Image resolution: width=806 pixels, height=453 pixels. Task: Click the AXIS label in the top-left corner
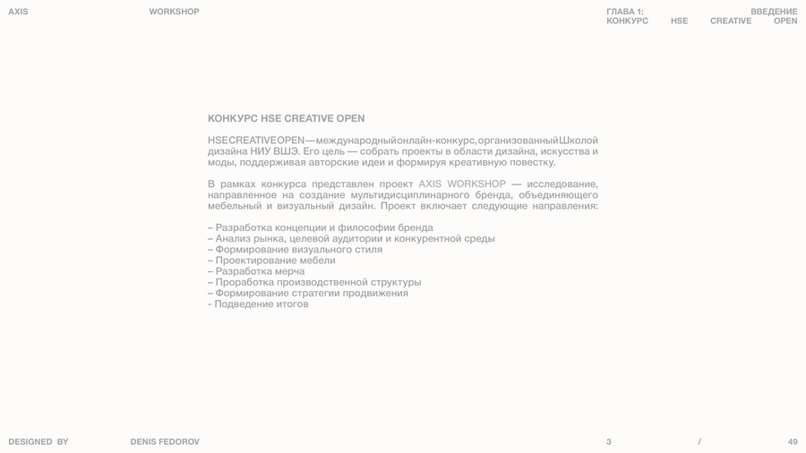point(18,12)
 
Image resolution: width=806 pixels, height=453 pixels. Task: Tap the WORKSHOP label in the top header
point(174,12)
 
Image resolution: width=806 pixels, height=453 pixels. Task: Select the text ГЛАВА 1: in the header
point(624,12)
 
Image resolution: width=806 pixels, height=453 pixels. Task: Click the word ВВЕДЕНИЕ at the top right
point(774,12)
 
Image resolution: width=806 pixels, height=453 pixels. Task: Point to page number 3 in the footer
point(609,441)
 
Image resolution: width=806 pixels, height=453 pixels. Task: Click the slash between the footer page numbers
point(699,441)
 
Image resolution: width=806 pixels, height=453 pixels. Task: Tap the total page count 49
point(793,441)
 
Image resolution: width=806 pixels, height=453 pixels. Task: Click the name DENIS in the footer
point(143,441)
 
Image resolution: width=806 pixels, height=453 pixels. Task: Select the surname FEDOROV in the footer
point(180,441)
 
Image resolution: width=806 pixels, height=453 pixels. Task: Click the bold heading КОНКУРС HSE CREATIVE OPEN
point(286,118)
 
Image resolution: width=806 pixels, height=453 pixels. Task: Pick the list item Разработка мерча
point(260,271)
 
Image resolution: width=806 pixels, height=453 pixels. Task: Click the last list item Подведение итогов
point(261,304)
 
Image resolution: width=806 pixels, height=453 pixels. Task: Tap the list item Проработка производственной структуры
point(318,282)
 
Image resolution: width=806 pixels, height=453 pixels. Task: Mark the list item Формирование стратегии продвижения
point(312,293)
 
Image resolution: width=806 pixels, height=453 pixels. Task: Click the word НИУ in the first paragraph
point(261,151)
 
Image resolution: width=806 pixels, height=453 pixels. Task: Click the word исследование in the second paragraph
point(562,184)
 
